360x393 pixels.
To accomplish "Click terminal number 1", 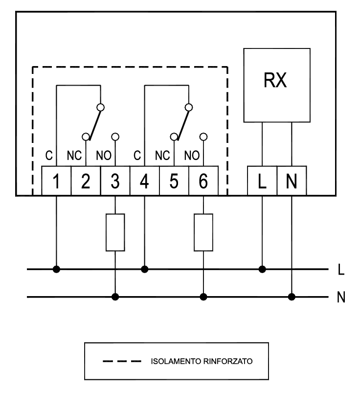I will [57, 182].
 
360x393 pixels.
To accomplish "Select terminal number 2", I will [86, 182].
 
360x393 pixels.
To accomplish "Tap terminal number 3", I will [115, 182].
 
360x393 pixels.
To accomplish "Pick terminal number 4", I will [144, 182].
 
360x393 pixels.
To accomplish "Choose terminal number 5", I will [174, 182].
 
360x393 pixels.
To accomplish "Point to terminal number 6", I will [203, 182].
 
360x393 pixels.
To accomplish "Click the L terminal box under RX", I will [262, 182].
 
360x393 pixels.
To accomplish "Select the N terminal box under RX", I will [292, 182].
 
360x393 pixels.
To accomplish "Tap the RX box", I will [277, 85].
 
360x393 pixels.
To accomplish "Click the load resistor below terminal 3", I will [115, 232].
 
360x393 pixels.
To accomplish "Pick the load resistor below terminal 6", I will [203, 232].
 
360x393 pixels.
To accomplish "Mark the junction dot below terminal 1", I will [57, 269].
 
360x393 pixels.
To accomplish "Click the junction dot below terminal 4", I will [144, 269].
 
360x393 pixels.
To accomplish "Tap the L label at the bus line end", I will [340, 269].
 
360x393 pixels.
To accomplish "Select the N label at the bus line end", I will [340, 297].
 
